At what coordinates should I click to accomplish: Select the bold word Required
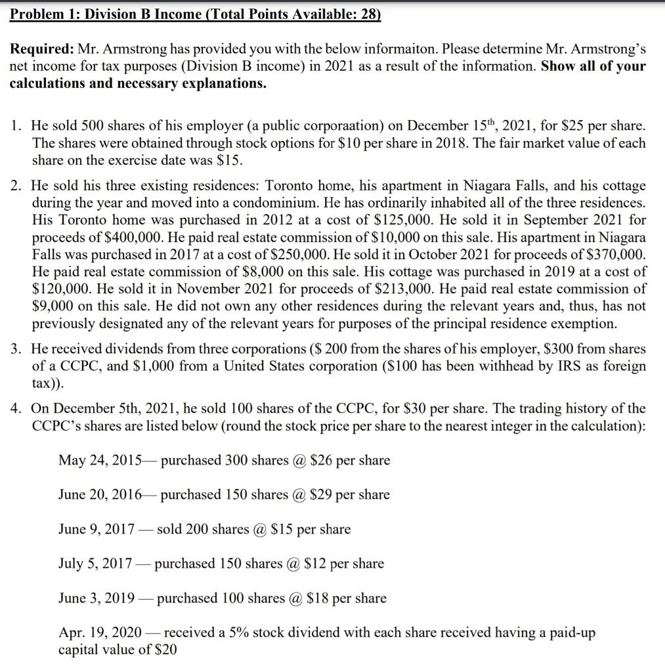[41, 50]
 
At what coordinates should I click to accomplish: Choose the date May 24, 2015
[100, 460]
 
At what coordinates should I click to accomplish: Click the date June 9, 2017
[97, 529]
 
